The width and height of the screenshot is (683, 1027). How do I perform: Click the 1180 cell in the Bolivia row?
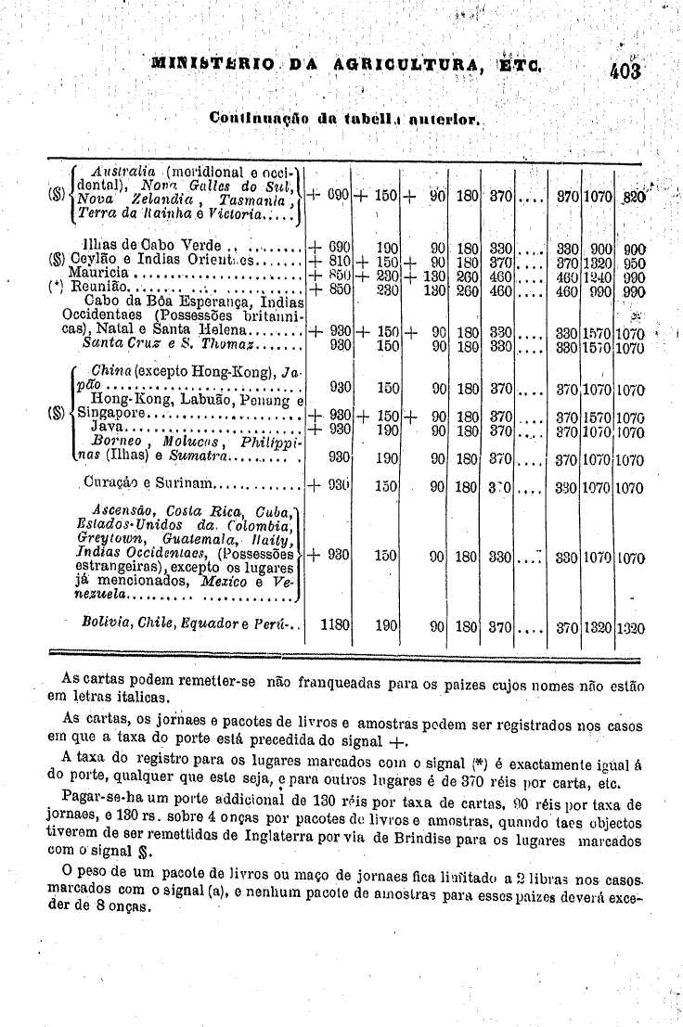click(x=333, y=625)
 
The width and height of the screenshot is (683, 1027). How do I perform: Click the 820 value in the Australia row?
click(x=632, y=196)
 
